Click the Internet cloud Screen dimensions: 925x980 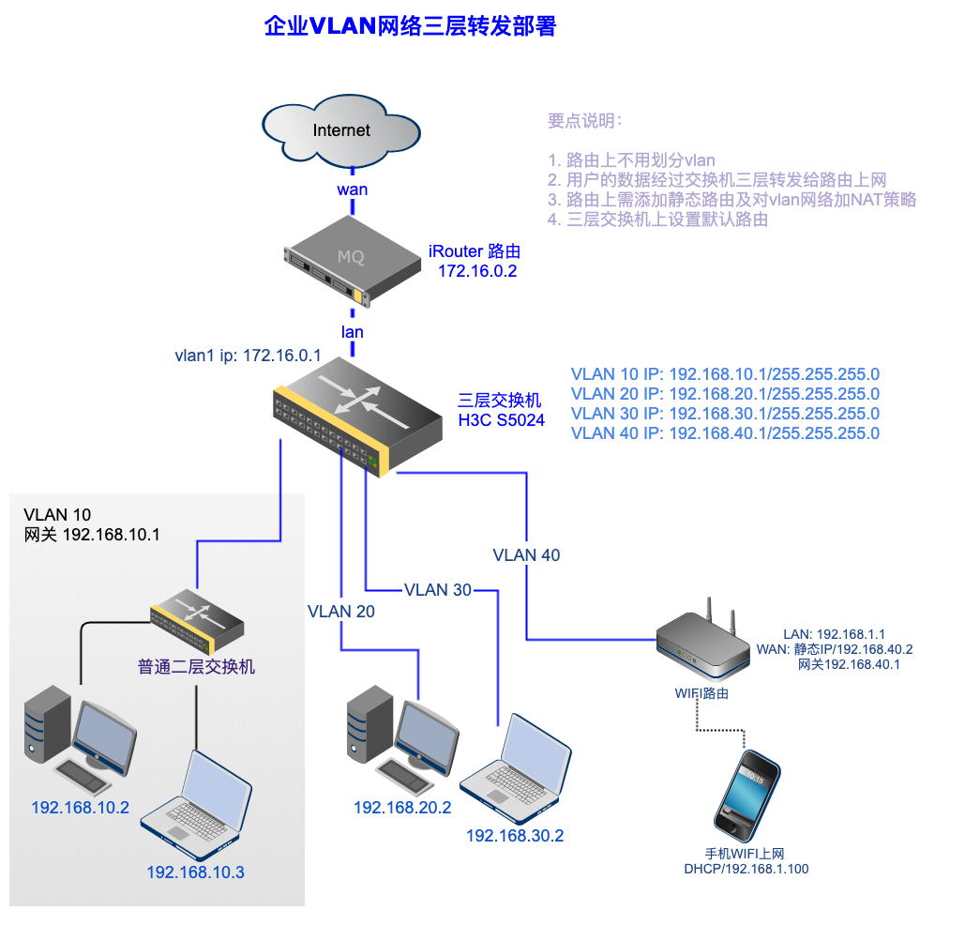[340, 130]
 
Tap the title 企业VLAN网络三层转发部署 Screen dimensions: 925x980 [410, 26]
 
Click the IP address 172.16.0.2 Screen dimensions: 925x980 [477, 272]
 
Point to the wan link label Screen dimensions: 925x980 [353, 190]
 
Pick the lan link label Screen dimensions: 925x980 [353, 332]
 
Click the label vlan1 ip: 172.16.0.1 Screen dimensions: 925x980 [248, 356]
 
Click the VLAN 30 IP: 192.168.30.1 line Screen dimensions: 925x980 [725, 414]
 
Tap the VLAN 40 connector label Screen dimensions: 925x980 [526, 555]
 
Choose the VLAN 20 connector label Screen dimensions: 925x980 [341, 612]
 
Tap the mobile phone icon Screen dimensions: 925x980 [747, 792]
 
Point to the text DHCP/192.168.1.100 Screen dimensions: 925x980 [746, 869]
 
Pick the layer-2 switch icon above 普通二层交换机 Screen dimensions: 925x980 [198, 622]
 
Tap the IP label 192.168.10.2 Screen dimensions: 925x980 [80, 808]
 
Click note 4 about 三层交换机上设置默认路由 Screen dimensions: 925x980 [667, 220]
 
